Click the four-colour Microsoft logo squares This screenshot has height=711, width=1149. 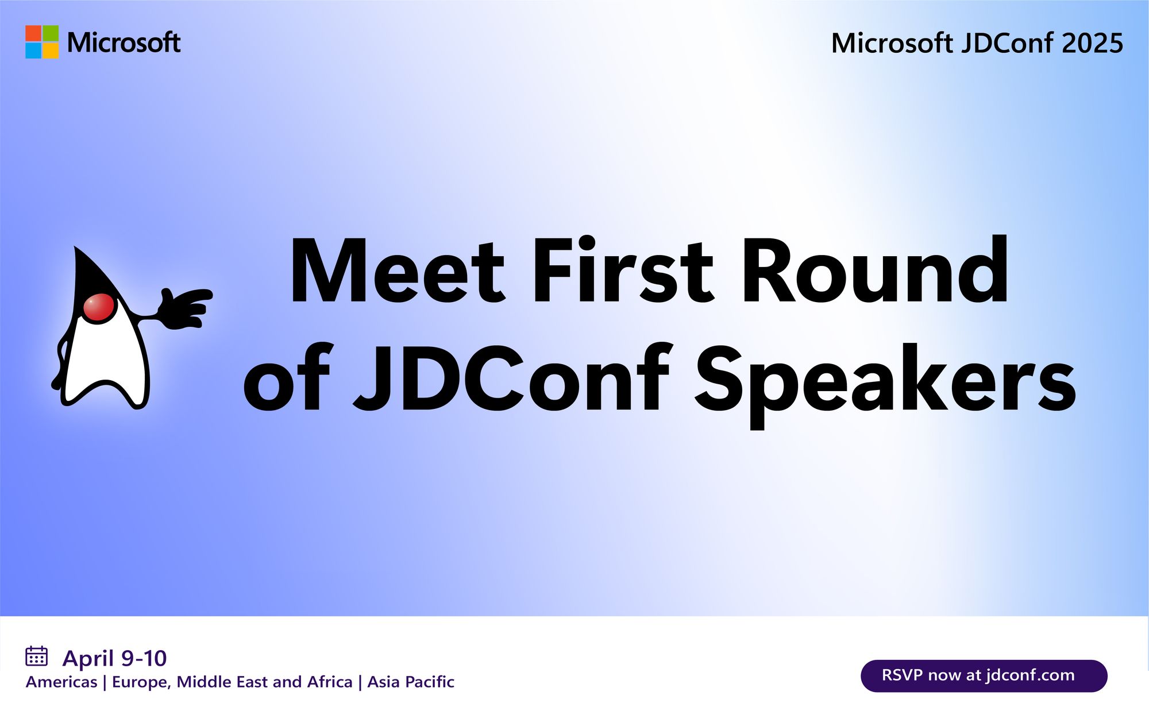pyautogui.click(x=42, y=42)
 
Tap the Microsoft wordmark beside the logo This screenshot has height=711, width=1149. pyautogui.click(x=124, y=42)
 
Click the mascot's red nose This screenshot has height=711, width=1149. pyautogui.click(x=99, y=307)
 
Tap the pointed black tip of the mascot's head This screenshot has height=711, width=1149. pyautogui.click(x=76, y=248)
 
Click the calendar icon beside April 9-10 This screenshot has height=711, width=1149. pyautogui.click(x=36, y=656)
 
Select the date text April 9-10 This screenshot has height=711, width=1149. pyautogui.click(x=114, y=658)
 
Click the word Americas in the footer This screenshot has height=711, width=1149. pyautogui.click(x=61, y=682)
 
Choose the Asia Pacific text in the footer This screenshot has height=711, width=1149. pyautogui.click(x=411, y=682)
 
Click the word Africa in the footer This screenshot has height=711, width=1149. pyautogui.click(x=330, y=682)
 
